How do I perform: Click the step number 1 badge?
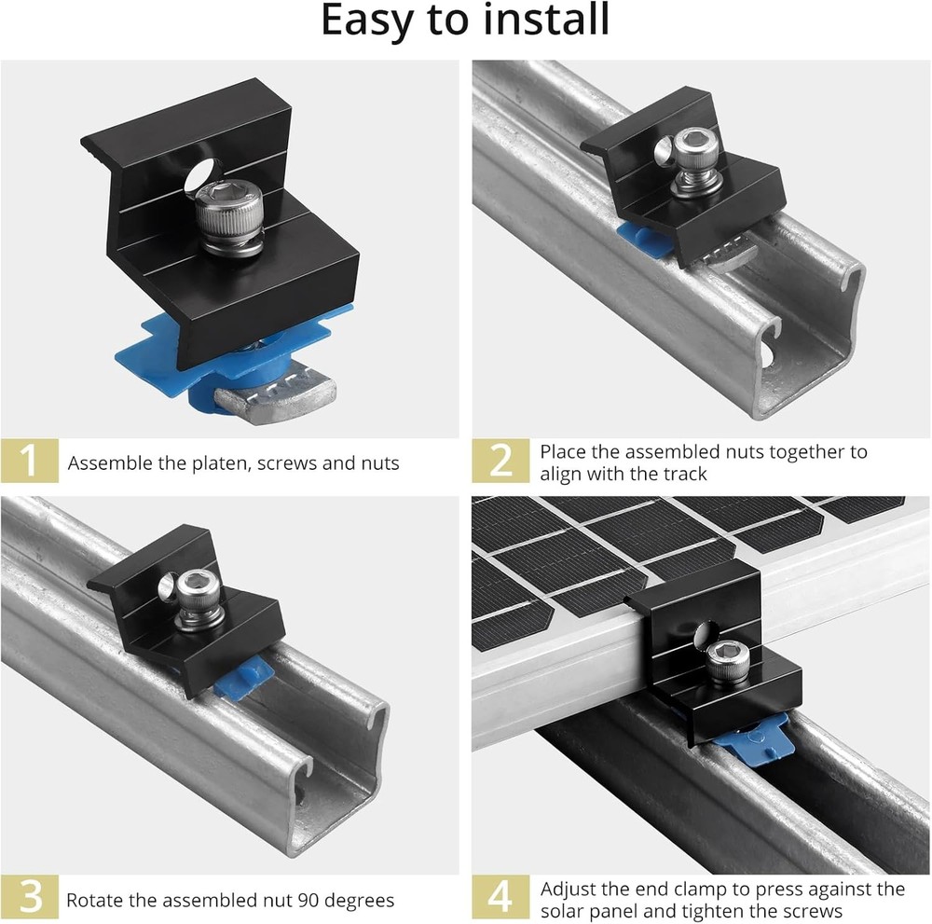click(30, 462)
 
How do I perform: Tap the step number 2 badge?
click(500, 462)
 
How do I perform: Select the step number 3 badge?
click(30, 899)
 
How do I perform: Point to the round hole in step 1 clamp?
click(197, 176)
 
